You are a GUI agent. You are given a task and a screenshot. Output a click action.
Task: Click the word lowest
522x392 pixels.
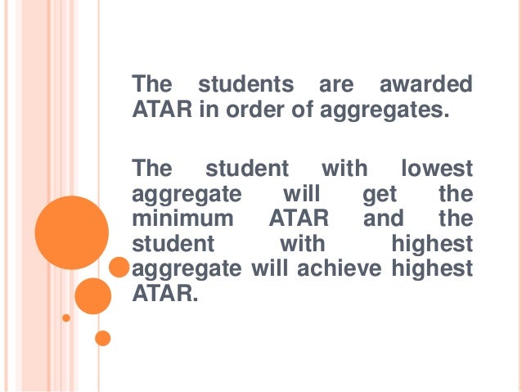(x=436, y=169)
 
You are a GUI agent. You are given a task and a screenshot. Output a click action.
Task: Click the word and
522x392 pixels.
(x=384, y=219)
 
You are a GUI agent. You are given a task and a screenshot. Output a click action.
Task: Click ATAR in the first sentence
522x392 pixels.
(x=160, y=110)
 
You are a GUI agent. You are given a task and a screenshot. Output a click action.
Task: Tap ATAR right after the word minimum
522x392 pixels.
(x=299, y=219)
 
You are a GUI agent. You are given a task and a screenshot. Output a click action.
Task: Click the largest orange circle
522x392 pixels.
(x=71, y=233)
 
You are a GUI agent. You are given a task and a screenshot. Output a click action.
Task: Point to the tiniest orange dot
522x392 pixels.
(x=67, y=317)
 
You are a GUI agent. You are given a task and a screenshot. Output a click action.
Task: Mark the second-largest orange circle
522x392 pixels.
(x=92, y=296)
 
